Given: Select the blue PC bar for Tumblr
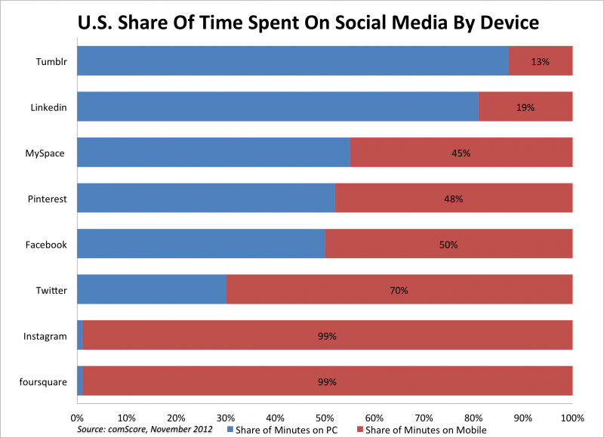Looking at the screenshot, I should [x=292, y=61].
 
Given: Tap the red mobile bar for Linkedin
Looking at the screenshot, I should [x=525, y=107].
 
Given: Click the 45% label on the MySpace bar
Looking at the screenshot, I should [x=461, y=153].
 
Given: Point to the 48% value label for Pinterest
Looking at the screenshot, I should [x=453, y=199].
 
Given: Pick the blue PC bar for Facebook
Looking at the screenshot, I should [x=201, y=245].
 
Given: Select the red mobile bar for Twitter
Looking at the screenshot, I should [x=399, y=290].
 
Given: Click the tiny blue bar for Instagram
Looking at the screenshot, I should [x=79, y=336].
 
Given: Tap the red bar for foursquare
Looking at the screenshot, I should [x=327, y=381].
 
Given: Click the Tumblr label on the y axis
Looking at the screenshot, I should [x=54, y=61].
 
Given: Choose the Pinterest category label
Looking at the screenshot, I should [x=47, y=199].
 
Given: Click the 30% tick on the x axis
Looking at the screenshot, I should [x=225, y=417].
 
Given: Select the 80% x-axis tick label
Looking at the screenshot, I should [x=473, y=417].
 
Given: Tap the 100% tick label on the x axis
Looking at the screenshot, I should [x=572, y=417].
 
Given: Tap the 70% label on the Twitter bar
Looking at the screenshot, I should [x=399, y=291].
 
